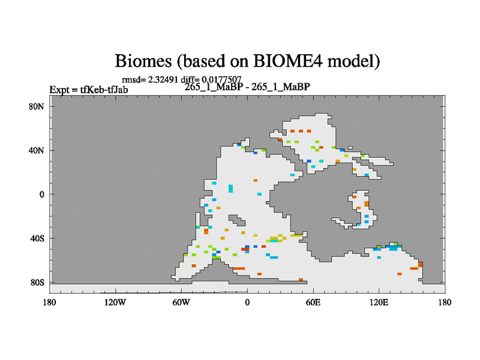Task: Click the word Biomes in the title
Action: [x=143, y=61]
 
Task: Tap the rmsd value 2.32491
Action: [x=163, y=80]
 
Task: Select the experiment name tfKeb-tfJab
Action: [x=104, y=89]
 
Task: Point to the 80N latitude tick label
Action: [x=37, y=107]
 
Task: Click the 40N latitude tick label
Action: [x=37, y=151]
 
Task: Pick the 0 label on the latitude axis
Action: [x=41, y=194]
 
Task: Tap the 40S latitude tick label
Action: [x=37, y=238]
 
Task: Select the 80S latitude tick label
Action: [x=37, y=283]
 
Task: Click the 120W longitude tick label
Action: [x=115, y=302]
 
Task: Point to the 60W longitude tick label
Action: [x=181, y=302]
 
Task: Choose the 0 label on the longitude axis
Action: [x=247, y=302]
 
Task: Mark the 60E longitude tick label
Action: [x=313, y=302]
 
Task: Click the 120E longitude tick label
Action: [x=379, y=302]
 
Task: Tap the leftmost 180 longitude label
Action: [x=49, y=302]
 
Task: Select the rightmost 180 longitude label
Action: [x=445, y=302]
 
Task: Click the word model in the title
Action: [x=353, y=61]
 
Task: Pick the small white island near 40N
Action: [x=350, y=148]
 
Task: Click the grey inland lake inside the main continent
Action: [x=237, y=220]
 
